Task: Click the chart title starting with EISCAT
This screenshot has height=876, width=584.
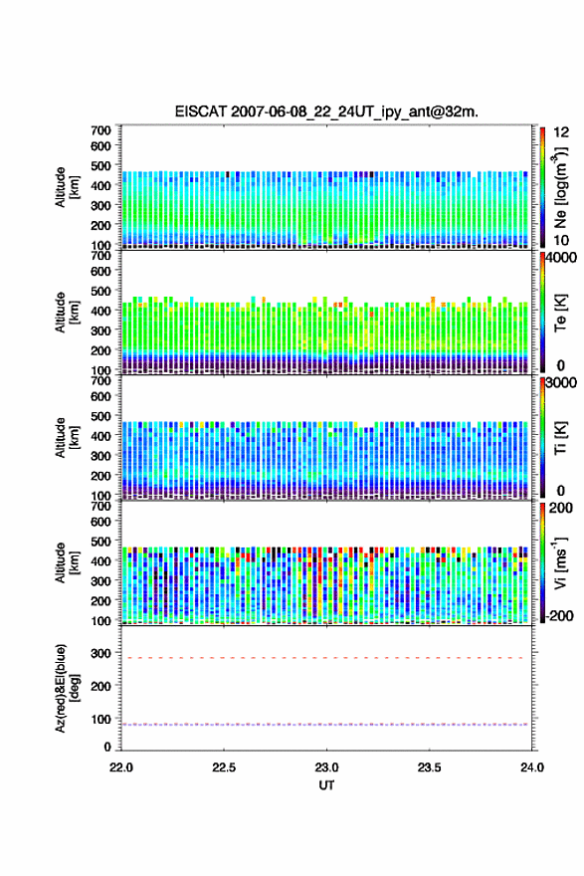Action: (x=326, y=111)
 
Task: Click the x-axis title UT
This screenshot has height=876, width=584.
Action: (x=326, y=785)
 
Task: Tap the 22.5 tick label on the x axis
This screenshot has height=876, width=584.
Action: (x=224, y=767)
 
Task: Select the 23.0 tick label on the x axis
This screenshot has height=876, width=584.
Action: (x=326, y=767)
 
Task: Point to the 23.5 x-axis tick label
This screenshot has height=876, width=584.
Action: (x=430, y=767)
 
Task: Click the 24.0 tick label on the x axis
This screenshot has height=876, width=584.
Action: (x=532, y=767)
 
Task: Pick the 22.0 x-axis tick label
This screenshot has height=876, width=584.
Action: (x=121, y=767)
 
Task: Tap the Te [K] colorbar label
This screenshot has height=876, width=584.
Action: (x=560, y=313)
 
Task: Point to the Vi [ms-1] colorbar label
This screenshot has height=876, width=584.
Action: (x=560, y=562)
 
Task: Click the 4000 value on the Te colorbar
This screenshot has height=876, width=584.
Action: (x=561, y=258)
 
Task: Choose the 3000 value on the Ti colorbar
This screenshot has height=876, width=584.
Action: (x=561, y=382)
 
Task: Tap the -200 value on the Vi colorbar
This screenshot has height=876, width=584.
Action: (x=559, y=615)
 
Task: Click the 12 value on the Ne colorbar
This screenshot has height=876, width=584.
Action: (x=562, y=132)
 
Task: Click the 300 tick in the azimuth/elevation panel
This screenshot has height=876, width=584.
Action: (x=101, y=653)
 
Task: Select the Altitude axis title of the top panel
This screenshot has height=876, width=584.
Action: (x=67, y=187)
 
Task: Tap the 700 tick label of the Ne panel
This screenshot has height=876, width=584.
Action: (x=101, y=130)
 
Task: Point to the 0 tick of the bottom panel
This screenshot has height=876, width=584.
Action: (x=107, y=747)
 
